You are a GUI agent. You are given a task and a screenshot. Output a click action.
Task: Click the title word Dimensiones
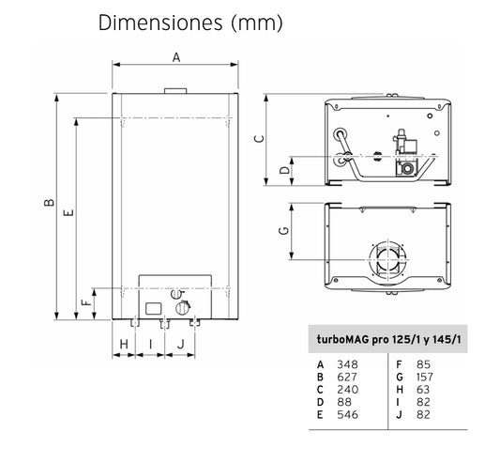pos(160,23)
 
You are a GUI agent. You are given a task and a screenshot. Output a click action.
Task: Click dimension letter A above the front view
pos(176,57)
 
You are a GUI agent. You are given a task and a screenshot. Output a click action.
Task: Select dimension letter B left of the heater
pos(49,203)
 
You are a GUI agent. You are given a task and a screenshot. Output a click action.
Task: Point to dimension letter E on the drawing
pos(68,212)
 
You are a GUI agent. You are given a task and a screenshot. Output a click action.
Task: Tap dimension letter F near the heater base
pos(86,302)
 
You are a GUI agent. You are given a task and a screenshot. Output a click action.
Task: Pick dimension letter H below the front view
pos(124,345)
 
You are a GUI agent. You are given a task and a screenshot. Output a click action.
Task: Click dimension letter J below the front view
pos(181,345)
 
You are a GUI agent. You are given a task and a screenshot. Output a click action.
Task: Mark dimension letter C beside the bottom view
pos(259,139)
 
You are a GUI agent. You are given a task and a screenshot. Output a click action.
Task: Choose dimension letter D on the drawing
pos(285,170)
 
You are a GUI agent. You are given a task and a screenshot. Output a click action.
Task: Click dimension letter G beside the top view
pos(284,230)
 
